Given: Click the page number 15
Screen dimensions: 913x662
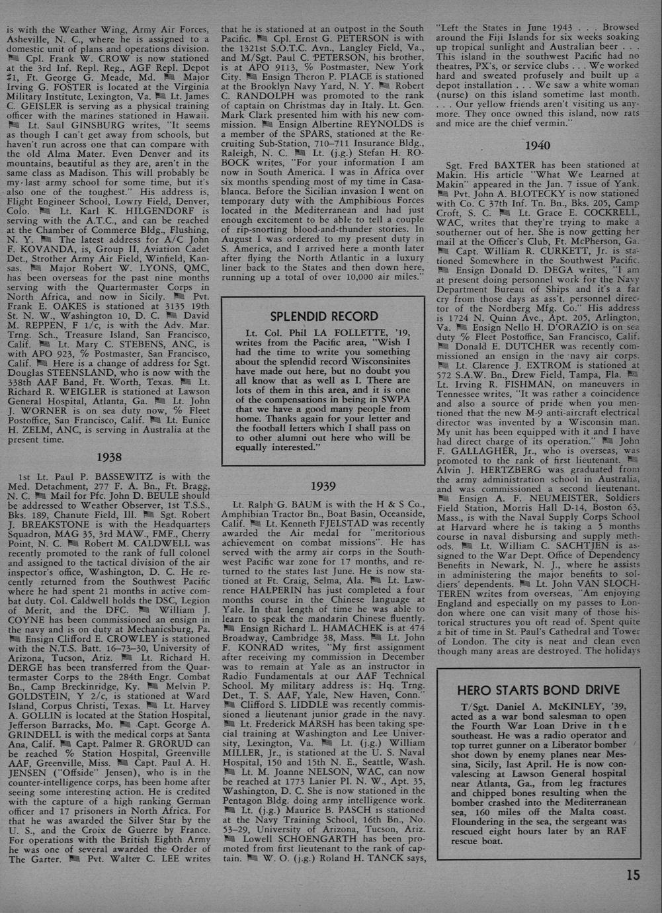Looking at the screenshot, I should pos(632,875).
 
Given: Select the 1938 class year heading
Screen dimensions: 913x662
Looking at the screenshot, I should pos(108,457).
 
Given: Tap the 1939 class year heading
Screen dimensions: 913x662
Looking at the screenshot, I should pos(323,486).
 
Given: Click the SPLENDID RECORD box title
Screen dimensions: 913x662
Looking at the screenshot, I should pos(324,316).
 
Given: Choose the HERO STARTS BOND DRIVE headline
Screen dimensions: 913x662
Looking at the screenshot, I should pos(538,690).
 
